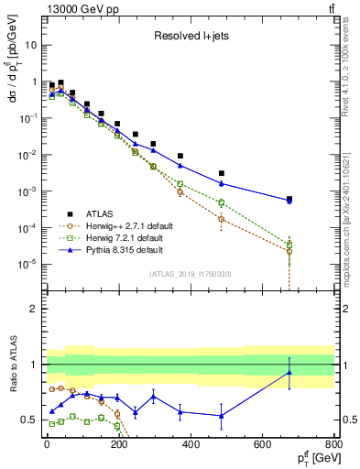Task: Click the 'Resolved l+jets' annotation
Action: coord(191,38)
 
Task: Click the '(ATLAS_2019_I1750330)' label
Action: coord(190,273)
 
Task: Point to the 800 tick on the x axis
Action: coord(333,444)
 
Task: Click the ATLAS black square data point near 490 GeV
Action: coord(222,173)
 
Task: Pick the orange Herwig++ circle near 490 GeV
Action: coord(222,219)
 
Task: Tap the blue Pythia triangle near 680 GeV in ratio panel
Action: coord(289,372)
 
